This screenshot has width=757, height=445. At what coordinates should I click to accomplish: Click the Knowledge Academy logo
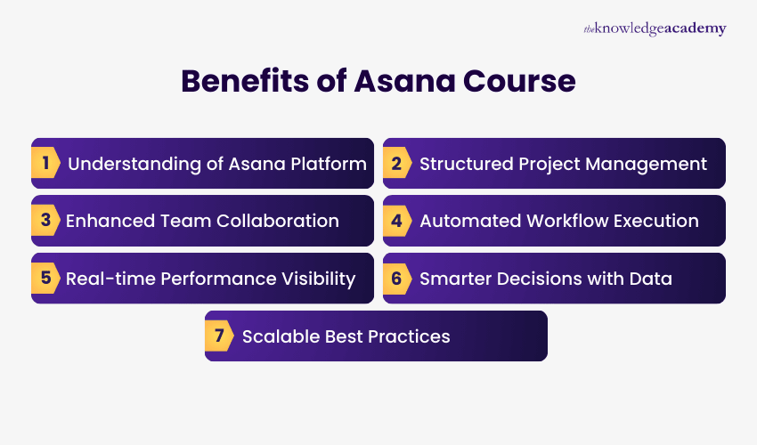tap(655, 28)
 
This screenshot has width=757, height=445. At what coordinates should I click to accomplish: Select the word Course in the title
tap(525, 81)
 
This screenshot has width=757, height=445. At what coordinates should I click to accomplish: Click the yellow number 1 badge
tap(45, 164)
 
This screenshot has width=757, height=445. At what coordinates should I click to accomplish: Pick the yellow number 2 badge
tap(396, 164)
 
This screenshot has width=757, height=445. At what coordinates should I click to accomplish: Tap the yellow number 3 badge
tap(45, 221)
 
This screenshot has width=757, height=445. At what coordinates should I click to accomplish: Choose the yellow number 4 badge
tap(396, 221)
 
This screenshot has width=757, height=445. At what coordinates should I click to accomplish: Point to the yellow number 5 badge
tap(45, 279)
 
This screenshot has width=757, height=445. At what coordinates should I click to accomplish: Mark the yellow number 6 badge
tap(396, 279)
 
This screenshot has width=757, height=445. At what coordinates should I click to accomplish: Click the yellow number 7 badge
tap(219, 336)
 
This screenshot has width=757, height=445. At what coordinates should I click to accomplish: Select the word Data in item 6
tap(652, 279)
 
